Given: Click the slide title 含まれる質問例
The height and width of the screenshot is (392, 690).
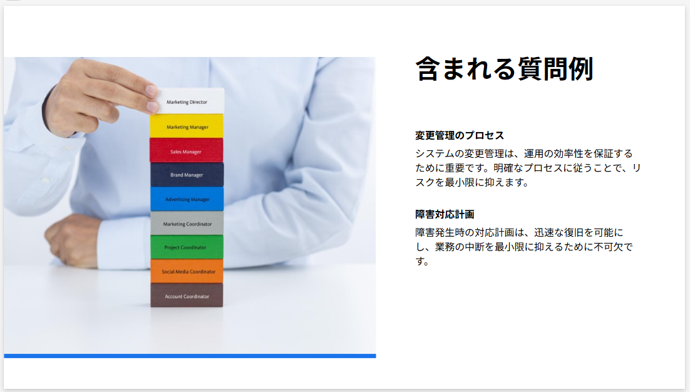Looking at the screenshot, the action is tap(504, 69).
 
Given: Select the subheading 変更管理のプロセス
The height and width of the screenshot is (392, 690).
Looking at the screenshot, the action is tap(460, 135).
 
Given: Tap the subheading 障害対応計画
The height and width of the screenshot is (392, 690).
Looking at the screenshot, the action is tap(445, 214).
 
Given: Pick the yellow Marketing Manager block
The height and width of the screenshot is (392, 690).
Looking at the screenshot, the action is tap(187, 126).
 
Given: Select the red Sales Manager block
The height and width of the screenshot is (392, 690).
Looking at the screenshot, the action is tap(186, 151).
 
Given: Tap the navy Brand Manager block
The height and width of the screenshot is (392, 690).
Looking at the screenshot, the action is tap(187, 175).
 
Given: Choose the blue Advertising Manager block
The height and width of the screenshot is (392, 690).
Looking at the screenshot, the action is tap(187, 199).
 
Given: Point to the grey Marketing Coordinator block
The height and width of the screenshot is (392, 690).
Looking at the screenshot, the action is tap(187, 224).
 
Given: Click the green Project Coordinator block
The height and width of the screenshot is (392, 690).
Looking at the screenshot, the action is tap(187, 247).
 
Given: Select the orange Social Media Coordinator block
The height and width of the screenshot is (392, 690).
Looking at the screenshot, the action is tap(187, 271).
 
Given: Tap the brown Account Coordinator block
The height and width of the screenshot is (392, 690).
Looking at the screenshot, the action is tap(187, 295).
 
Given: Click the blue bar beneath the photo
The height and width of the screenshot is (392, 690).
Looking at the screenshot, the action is tap(190, 356).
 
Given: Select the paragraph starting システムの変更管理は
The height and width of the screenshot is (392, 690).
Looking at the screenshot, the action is tap(528, 168).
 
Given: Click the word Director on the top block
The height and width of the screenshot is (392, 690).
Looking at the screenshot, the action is tap(198, 102).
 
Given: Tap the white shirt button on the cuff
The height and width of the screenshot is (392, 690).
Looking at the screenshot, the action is tap(45, 180).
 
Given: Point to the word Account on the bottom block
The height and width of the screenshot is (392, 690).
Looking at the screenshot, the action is tap(173, 297).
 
